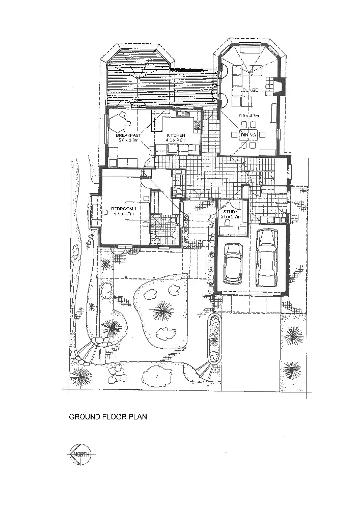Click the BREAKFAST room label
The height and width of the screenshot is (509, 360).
point(128,135)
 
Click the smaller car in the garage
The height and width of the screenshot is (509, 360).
point(233,263)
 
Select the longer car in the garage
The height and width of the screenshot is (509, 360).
point(267,258)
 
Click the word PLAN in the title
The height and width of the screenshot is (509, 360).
point(137,417)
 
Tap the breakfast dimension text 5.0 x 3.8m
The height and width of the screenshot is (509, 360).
point(128,140)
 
